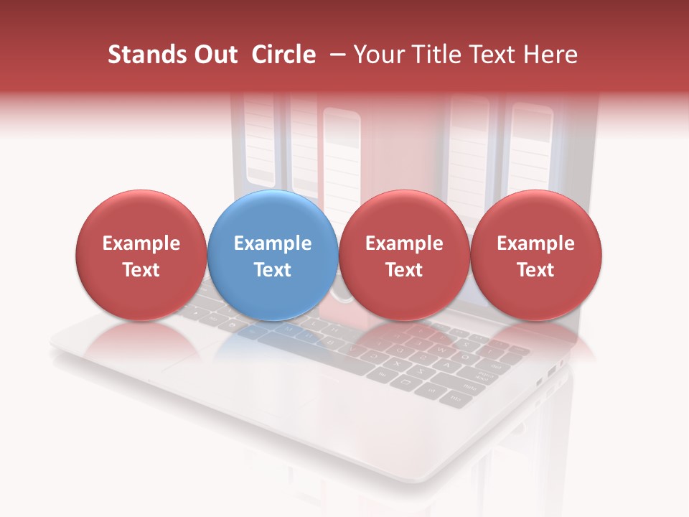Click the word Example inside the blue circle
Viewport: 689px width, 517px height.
click(273, 243)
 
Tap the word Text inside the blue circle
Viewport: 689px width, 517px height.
click(273, 270)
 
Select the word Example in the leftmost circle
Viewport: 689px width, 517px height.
click(141, 243)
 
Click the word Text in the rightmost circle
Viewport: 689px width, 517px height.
click(536, 270)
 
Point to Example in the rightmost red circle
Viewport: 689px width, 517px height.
click(536, 243)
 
